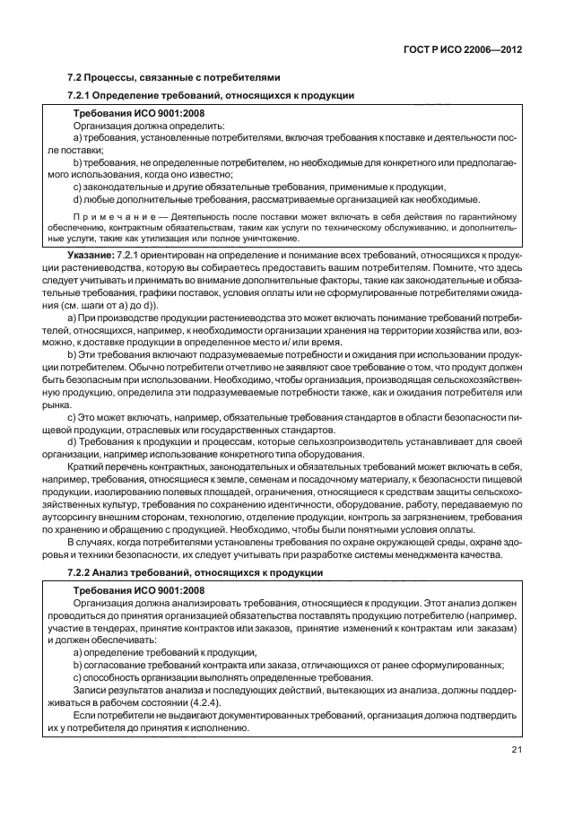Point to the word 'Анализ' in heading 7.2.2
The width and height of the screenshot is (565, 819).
(x=120, y=572)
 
